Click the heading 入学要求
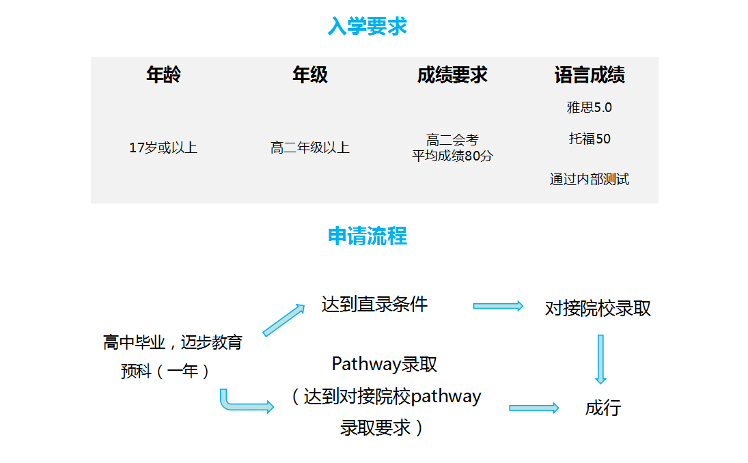(367, 26)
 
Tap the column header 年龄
(163, 75)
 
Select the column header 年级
(310, 75)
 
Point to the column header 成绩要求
(452, 75)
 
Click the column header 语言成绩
(590, 75)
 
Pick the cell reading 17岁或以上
(163, 148)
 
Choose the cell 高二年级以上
(310, 148)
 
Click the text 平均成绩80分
(452, 156)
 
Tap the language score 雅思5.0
(590, 107)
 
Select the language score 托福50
(590, 139)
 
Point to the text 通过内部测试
(590, 180)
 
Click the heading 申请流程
(367, 236)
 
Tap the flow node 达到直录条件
(374, 305)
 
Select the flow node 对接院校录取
(598, 309)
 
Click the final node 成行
(603, 408)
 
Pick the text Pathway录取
(384, 364)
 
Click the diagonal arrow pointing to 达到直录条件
(283, 320)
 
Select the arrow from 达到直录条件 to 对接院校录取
(498, 306)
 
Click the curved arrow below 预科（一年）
(243, 404)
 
